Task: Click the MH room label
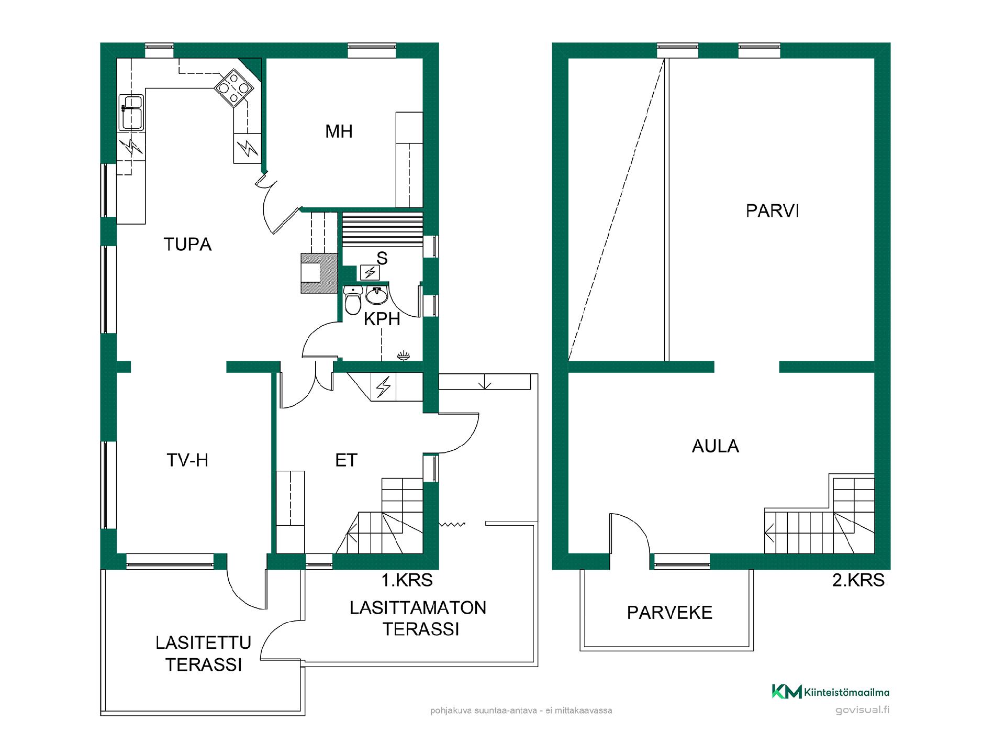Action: pyautogui.click(x=339, y=131)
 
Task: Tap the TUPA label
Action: pyautogui.click(x=187, y=245)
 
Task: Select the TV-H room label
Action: pyautogui.click(x=187, y=460)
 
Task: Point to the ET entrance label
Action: pyautogui.click(x=346, y=460)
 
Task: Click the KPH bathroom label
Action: pyautogui.click(x=382, y=319)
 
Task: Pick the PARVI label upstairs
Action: pyautogui.click(x=772, y=211)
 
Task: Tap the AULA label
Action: pyautogui.click(x=716, y=446)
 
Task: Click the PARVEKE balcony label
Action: pyautogui.click(x=669, y=613)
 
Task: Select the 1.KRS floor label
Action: pyautogui.click(x=407, y=580)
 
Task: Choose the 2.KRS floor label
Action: pyautogui.click(x=858, y=580)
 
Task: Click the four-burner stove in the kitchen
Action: pyautogui.click(x=234, y=88)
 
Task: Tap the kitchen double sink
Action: pyautogui.click(x=131, y=113)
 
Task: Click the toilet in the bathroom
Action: pyautogui.click(x=353, y=300)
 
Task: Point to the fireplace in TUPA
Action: pyautogui.click(x=319, y=273)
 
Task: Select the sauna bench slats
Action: pyautogui.click(x=382, y=229)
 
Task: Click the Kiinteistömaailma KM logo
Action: pyautogui.click(x=787, y=692)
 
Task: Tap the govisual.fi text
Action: pyautogui.click(x=862, y=711)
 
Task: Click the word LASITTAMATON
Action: pyautogui.click(x=418, y=608)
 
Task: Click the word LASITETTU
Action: pyautogui.click(x=204, y=643)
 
